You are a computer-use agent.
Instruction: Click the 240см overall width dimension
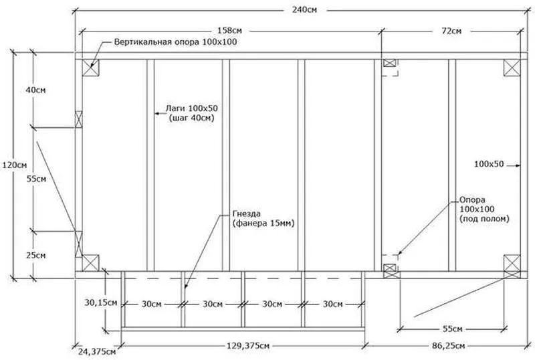304,9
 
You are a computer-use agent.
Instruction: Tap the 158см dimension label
229,30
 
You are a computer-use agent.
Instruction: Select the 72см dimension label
451,31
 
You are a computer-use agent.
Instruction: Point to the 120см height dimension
15,165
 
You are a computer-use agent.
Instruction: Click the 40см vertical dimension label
36,90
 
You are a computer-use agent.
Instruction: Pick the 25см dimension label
36,256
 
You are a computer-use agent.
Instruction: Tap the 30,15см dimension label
101,302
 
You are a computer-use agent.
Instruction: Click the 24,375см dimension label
97,351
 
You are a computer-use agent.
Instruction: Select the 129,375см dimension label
248,346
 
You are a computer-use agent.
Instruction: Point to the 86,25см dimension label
448,346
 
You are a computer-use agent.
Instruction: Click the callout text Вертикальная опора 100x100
175,42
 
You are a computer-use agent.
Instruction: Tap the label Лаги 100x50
192,108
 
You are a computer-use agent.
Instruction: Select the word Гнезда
247,214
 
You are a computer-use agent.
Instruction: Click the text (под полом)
484,219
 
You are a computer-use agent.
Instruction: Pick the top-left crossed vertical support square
91,68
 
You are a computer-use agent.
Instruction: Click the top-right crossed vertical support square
512,68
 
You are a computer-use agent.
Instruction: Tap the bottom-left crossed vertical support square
91,263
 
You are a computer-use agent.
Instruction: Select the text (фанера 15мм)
263,223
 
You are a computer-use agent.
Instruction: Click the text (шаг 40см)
191,118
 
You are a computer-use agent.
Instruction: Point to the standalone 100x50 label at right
489,165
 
